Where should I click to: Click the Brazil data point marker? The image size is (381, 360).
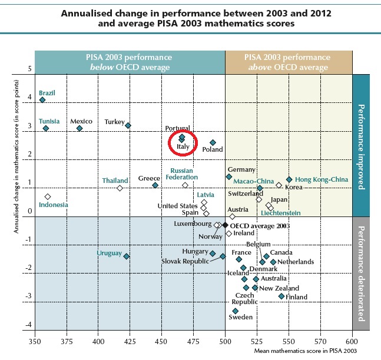pos(42,99)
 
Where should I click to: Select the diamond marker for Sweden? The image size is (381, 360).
pos(236,311)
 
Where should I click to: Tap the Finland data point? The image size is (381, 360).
pos(281,296)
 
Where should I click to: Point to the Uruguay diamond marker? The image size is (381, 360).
pos(127,256)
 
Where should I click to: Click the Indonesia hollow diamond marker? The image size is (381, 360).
pos(48,196)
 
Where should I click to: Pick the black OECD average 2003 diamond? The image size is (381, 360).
pos(225,225)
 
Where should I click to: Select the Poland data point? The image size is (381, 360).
pos(213,142)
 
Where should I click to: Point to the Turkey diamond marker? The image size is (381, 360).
pos(128,125)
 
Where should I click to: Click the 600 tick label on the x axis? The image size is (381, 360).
pos(352,340)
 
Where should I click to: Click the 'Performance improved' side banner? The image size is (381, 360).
pos(361,147)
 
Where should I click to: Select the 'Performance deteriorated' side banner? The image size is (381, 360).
pos(361,273)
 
